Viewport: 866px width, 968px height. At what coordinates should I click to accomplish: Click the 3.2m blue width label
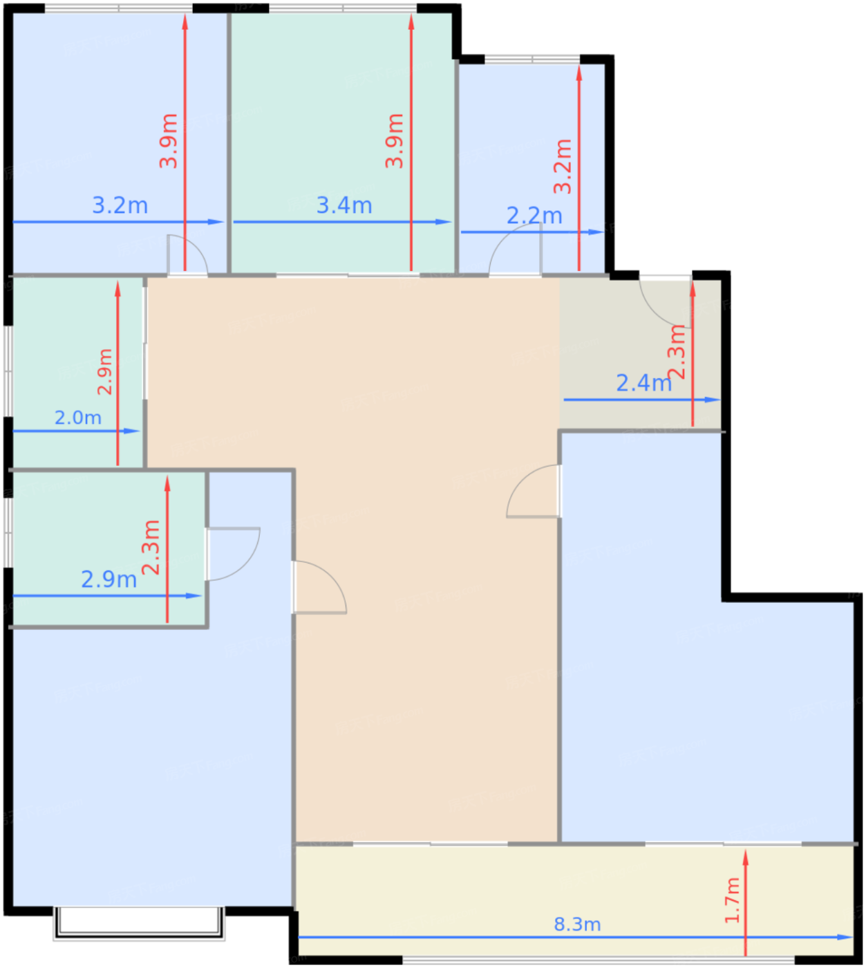(x=120, y=205)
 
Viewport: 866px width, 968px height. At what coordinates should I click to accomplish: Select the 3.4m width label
(x=344, y=205)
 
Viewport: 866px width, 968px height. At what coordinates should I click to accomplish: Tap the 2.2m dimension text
(x=534, y=216)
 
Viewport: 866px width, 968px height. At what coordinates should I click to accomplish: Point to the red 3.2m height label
(x=563, y=166)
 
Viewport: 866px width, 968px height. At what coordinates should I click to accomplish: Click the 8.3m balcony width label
(x=577, y=924)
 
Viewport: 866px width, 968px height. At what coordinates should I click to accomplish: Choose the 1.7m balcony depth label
(x=732, y=900)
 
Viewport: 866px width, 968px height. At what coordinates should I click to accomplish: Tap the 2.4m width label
(x=643, y=383)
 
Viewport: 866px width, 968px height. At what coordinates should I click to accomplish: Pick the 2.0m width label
(x=78, y=418)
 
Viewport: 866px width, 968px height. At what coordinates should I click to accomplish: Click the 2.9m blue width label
(x=109, y=579)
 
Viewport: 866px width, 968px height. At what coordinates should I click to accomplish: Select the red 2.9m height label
(x=104, y=372)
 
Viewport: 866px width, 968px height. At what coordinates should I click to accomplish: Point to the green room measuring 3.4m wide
(x=342, y=142)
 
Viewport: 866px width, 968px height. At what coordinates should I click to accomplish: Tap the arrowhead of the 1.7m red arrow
(x=745, y=858)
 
